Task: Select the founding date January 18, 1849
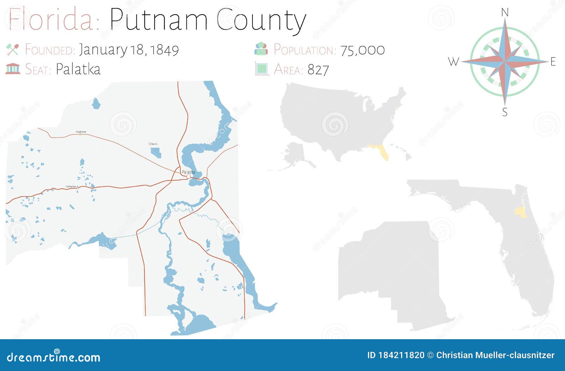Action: [129, 50]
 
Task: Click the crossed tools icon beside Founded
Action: [12, 49]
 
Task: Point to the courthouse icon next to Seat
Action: [13, 69]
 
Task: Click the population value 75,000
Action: [362, 50]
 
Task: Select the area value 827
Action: [318, 70]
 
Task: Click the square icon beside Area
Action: [262, 69]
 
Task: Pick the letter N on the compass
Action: [505, 13]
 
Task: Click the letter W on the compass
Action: [453, 62]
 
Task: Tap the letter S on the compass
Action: [505, 112]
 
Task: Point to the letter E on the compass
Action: [553, 62]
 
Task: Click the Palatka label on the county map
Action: [188, 172]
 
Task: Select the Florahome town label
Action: [81, 132]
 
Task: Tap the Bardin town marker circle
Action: [150, 144]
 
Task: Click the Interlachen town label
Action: [71, 186]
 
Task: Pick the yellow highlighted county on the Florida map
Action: [519, 212]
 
